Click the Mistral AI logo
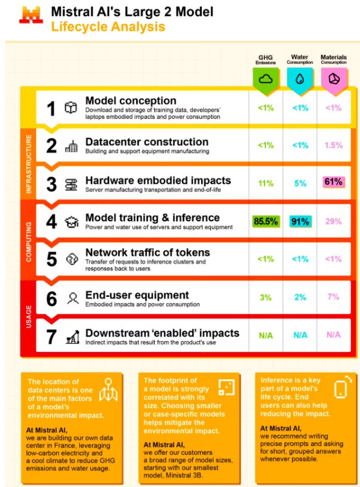point(30,15)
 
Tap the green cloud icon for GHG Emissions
point(266,78)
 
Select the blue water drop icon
point(300,78)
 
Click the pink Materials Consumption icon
point(334,78)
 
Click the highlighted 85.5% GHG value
point(266,222)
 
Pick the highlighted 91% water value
point(300,222)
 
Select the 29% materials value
point(334,222)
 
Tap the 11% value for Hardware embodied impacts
point(266,183)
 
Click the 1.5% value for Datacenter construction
point(334,145)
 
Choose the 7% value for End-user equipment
point(334,297)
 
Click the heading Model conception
point(131,100)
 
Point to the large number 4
point(51,222)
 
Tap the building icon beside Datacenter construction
point(71,147)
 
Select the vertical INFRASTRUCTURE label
point(28,165)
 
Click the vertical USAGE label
point(28,316)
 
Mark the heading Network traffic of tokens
point(147,252)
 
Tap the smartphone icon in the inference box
point(341,389)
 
